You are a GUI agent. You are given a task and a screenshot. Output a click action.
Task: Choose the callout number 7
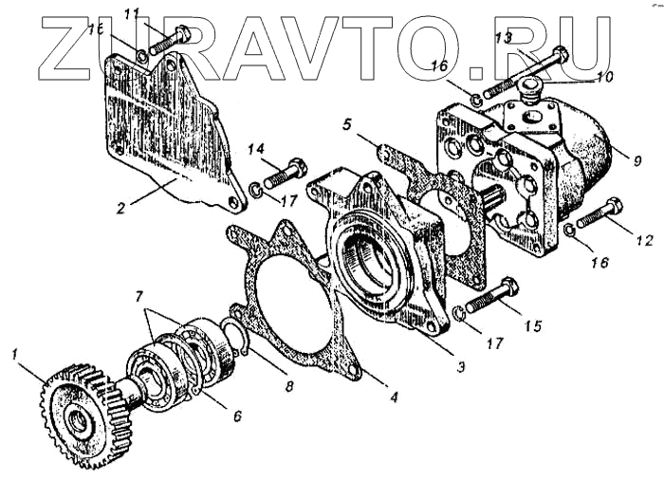click(x=140, y=296)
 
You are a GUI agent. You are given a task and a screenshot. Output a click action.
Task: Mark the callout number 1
click(x=13, y=354)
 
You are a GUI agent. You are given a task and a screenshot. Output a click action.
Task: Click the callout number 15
click(x=533, y=326)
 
